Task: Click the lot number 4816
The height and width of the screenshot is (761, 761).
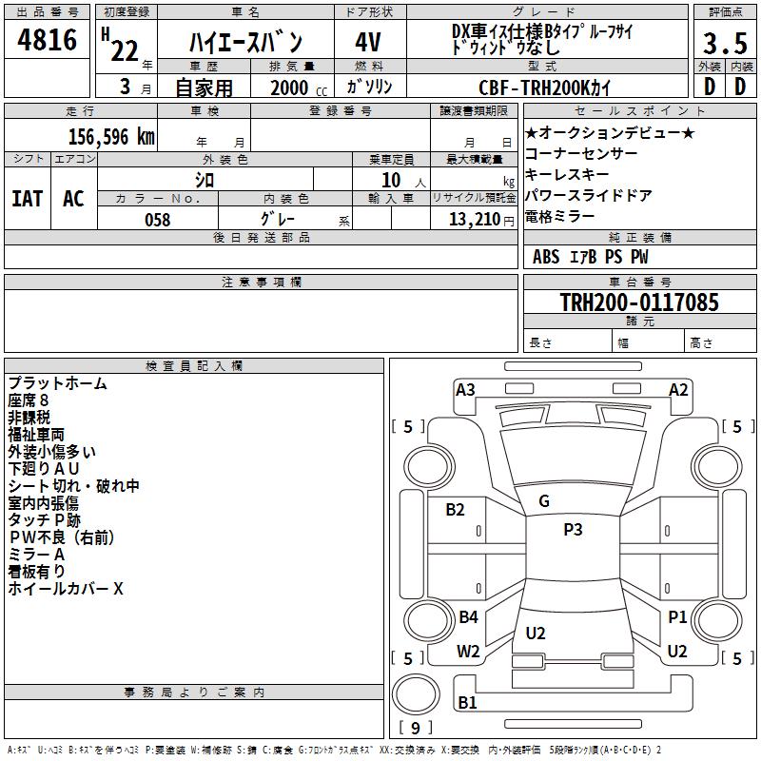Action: (47, 39)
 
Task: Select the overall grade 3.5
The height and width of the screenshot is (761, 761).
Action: (725, 43)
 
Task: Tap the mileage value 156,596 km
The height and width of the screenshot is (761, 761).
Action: (111, 137)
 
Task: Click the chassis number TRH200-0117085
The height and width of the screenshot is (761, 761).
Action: (639, 302)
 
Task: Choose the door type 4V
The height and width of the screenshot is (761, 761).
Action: (368, 42)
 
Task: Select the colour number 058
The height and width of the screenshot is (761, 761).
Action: (158, 220)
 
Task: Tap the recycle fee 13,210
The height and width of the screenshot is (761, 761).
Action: (475, 220)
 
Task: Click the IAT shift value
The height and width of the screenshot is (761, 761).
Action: (28, 199)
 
